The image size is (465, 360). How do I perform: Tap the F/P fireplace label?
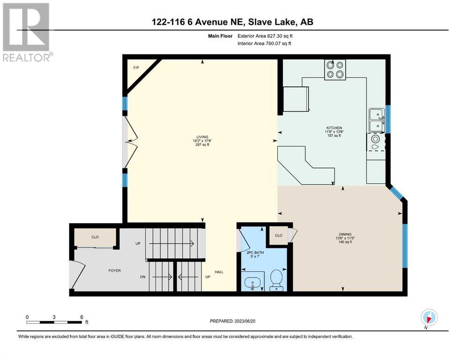pos(136,67)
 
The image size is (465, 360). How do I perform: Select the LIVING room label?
pos(202,137)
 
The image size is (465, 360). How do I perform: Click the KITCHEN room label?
pos(334,128)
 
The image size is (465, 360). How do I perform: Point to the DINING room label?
pos(345,234)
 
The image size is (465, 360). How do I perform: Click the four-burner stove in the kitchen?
pos(335,70)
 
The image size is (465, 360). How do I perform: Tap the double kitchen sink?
pos(376,120)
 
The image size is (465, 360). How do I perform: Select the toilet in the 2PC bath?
pos(276,280)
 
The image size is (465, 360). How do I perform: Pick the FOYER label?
pos(114,270)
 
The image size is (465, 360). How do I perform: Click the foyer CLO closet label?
pos(95,237)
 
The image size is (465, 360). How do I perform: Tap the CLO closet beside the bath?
pos(279,235)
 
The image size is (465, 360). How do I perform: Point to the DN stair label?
pos(143,277)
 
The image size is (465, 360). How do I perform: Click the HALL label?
pos(219,272)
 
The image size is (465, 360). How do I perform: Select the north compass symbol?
pos(429,317)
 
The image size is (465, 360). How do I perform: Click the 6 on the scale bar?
pos(81,317)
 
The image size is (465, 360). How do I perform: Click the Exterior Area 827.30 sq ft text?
pos(265,36)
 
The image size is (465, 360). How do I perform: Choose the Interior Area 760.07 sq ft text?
pos(264,43)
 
